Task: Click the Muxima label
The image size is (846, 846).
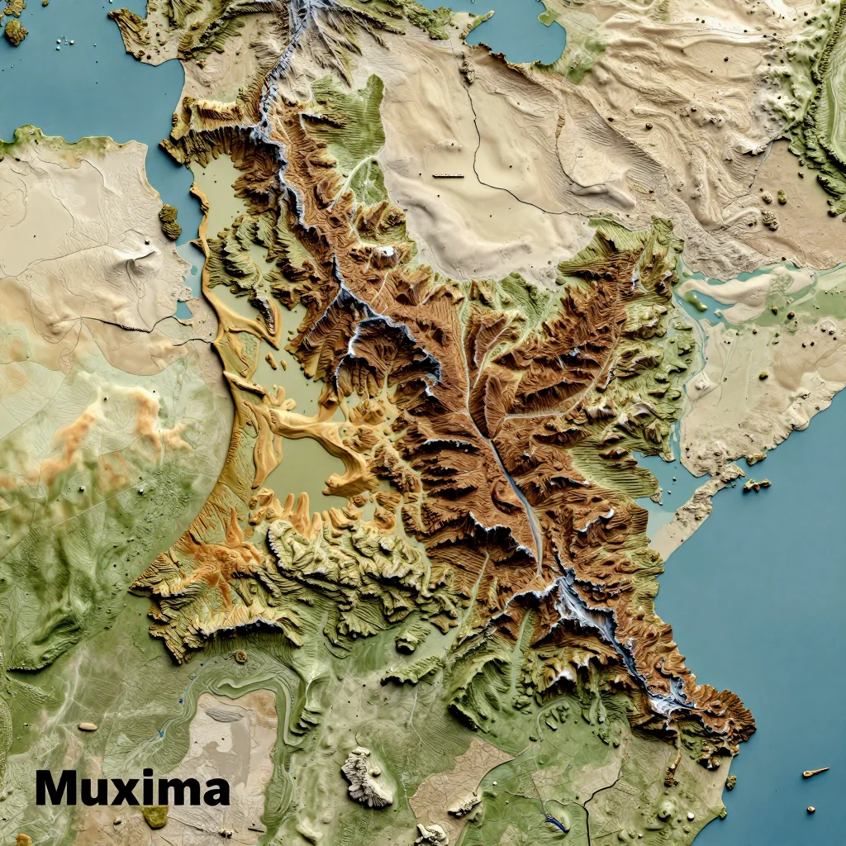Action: tap(132, 788)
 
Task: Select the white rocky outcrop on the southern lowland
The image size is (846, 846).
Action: tap(367, 777)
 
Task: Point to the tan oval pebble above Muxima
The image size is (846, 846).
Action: tap(87, 726)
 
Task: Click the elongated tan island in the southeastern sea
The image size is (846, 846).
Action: tap(815, 772)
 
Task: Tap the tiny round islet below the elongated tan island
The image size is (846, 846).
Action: tap(811, 810)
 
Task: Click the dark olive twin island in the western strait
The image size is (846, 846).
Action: tap(169, 221)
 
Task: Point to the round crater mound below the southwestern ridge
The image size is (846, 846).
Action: tap(240, 656)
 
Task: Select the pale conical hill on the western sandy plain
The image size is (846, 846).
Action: tap(136, 260)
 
